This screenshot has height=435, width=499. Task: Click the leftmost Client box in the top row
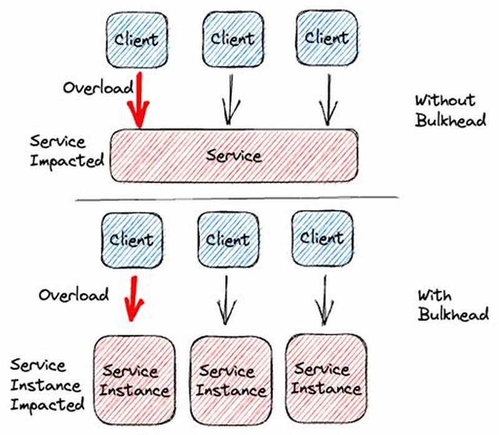tap(137, 40)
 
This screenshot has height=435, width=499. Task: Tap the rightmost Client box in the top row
tap(326, 37)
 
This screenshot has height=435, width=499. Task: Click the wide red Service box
tap(235, 155)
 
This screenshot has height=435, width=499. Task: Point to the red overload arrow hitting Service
tap(138, 100)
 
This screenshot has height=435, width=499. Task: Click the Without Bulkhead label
tap(450, 110)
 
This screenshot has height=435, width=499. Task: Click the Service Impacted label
tap(66, 151)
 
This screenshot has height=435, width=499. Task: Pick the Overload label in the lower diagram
tap(73, 294)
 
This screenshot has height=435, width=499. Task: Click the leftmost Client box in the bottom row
tap(131, 239)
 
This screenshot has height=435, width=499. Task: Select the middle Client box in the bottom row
tap(227, 239)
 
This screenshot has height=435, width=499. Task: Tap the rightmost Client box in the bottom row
tap(322, 237)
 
